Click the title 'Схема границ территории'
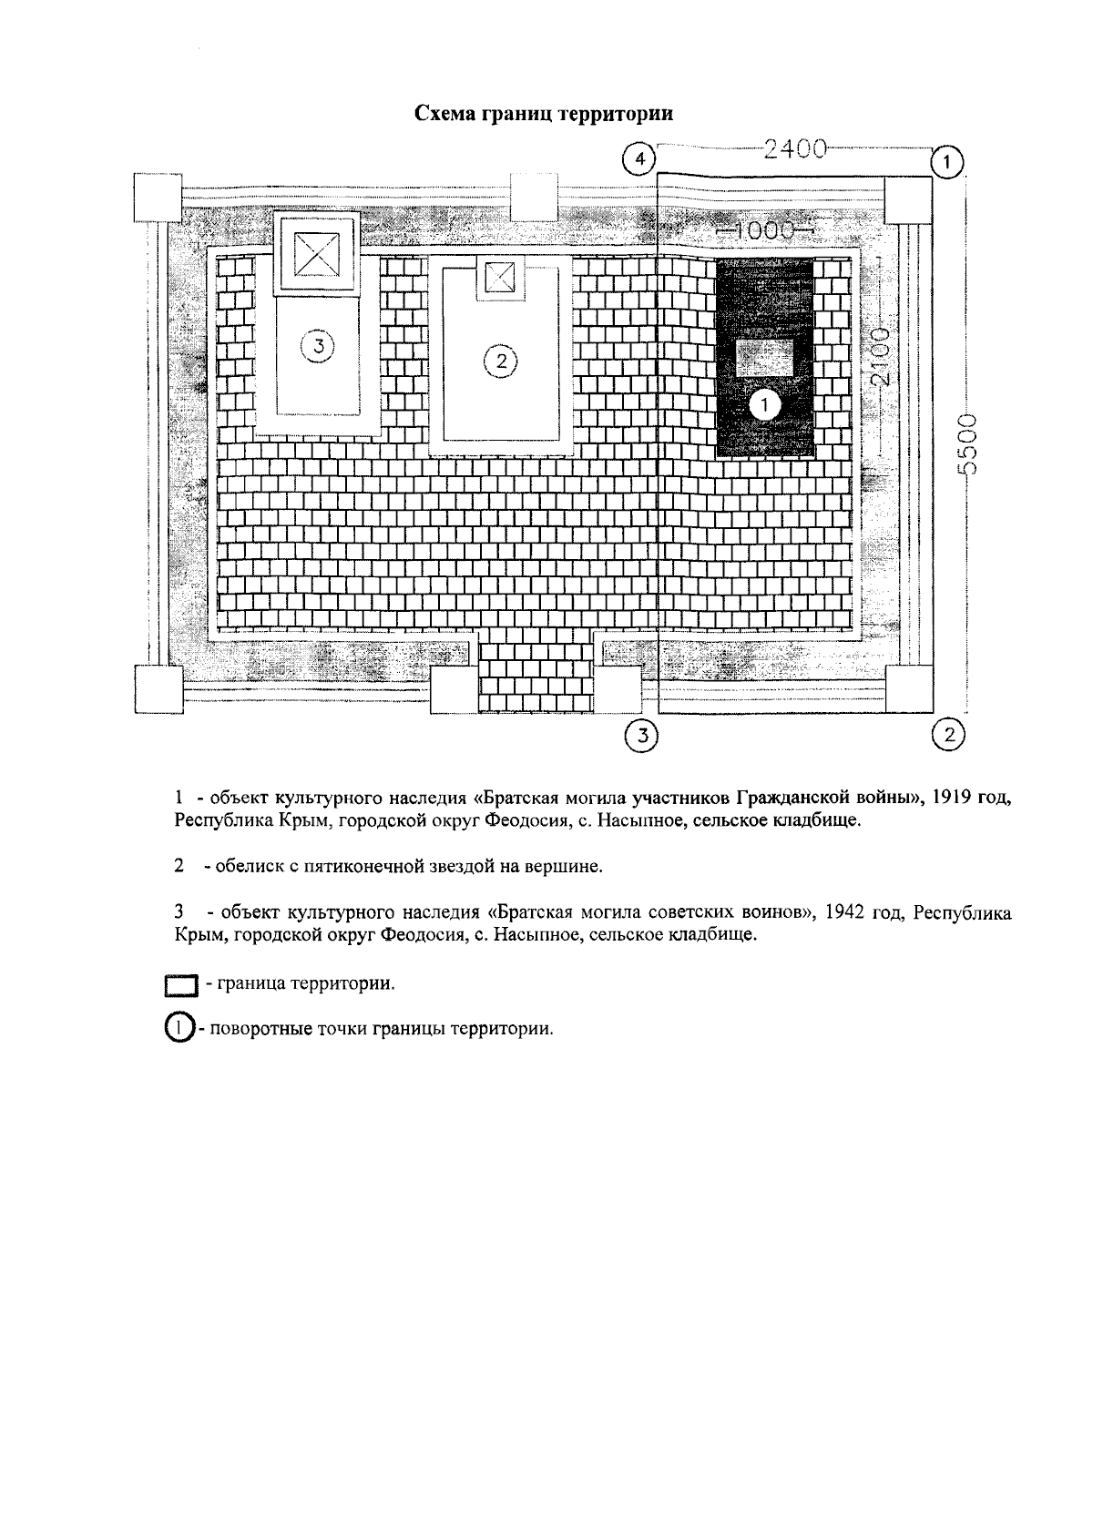point(544,115)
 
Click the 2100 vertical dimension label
point(881,358)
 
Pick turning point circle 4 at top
point(640,159)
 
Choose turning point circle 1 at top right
point(947,162)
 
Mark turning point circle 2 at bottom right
point(949,734)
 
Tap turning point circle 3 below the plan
point(642,735)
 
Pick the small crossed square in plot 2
point(499,276)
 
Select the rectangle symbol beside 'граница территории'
point(181,985)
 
